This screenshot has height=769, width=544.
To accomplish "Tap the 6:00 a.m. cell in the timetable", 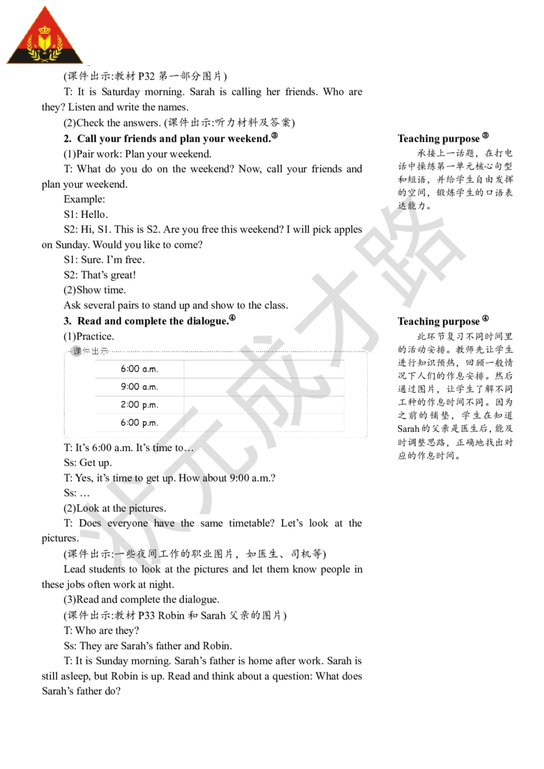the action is coord(139,369).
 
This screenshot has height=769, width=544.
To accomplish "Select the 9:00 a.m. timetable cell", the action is coord(139,387).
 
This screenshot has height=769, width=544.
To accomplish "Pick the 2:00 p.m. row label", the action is coord(139,405).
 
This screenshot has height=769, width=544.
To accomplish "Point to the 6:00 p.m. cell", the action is coord(139,423).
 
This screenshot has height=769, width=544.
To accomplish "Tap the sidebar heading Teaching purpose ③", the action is coord(443,138).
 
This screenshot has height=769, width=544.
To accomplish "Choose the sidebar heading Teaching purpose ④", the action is coord(443,321).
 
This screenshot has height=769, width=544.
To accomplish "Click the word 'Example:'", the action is coord(84,199).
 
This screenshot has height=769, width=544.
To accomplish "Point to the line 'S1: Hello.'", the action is coord(86,214).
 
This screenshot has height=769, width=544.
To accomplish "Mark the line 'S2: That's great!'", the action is coord(100,274).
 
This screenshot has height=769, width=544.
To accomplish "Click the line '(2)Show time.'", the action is coord(95,290).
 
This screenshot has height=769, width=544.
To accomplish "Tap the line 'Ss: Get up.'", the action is coord(88,463).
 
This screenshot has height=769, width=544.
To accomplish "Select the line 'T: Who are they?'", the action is coord(101,630).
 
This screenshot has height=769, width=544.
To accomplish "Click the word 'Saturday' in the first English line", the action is coord(121,92).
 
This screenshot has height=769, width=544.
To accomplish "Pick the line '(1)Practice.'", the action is coord(89,336).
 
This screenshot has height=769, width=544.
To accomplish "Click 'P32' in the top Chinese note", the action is coord(146,76).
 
